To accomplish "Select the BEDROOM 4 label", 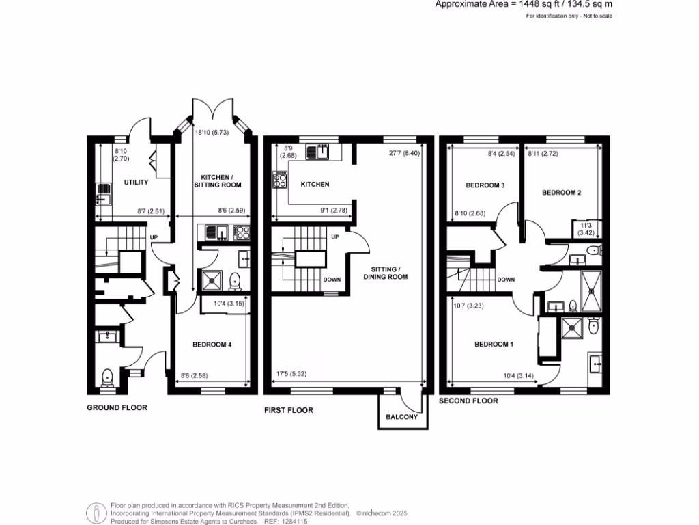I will tap(210, 344).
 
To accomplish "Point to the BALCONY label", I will tap(402, 416).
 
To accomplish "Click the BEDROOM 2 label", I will tap(561, 193).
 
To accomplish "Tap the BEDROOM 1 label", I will tap(494, 344).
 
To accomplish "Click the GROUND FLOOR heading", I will tap(117, 407).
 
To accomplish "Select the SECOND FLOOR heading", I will tap(468, 401).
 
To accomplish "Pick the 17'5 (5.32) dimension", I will tap(291, 374).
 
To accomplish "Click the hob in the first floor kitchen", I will tap(280, 180).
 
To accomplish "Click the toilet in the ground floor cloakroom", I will tap(106, 377).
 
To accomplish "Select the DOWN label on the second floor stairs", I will tap(506, 280).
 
